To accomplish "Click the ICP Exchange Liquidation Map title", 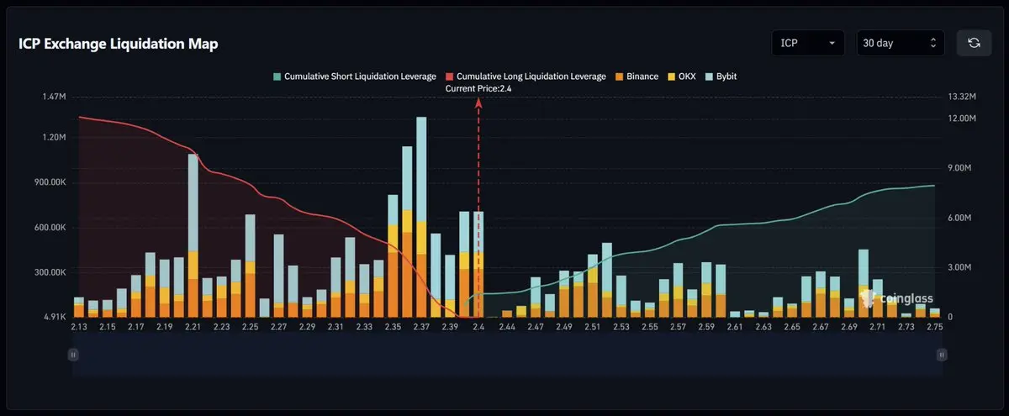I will coord(118,45).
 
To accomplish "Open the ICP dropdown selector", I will coord(808,43).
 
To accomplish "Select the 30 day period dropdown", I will coord(900,43).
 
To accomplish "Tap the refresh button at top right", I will coord(974,43).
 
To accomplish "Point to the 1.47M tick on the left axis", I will coord(54,97).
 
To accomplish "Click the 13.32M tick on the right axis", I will coord(961,97).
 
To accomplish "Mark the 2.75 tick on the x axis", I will coord(932,326).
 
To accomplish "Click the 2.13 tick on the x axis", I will coord(80,326).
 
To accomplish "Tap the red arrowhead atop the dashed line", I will coord(479,102).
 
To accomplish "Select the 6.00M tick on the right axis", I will coord(961,218).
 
